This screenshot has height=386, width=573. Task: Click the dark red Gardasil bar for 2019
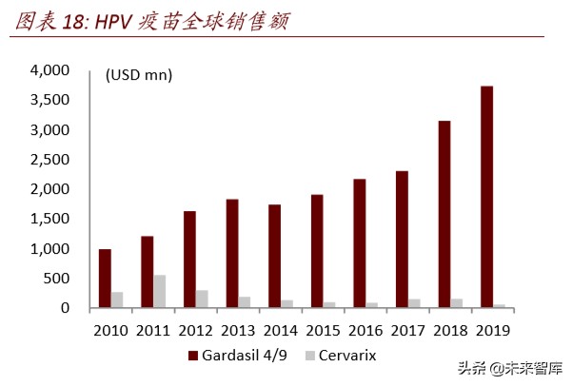(x=486, y=197)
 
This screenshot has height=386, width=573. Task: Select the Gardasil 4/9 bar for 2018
(x=444, y=214)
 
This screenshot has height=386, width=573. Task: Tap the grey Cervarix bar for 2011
(x=159, y=291)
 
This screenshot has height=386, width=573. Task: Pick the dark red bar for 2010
(x=105, y=279)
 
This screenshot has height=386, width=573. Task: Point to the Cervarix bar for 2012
(x=202, y=299)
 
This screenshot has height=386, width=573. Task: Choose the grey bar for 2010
(x=117, y=299)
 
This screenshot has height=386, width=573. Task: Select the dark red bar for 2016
(x=359, y=242)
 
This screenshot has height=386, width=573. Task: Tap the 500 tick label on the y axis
(x=58, y=278)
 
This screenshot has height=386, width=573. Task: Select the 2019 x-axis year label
(x=492, y=330)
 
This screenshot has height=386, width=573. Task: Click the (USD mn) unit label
(x=139, y=75)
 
